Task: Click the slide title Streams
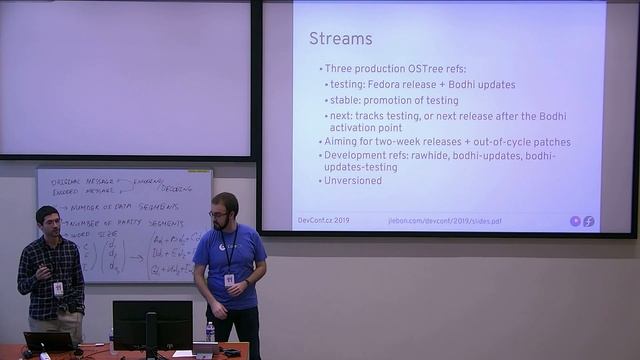point(340,39)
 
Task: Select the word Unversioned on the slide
point(353,181)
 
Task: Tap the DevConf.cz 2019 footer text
point(323,220)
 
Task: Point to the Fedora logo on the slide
point(589,221)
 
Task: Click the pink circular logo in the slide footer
point(575,221)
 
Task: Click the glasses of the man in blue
point(219,214)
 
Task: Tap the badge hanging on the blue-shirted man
point(229,280)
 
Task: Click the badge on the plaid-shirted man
point(58,288)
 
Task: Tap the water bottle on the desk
point(210,331)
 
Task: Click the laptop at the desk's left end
point(49,340)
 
